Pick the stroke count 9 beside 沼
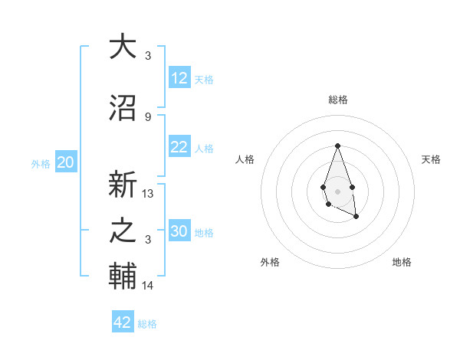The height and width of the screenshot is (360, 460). point(148,117)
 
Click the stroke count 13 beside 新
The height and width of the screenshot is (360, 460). point(149,194)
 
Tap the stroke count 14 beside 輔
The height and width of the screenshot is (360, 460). point(149,286)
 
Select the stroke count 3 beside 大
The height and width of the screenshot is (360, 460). point(148,56)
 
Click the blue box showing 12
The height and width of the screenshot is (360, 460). point(179,78)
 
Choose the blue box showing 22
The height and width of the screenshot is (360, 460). point(179,147)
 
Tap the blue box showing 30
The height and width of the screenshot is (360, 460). point(179,231)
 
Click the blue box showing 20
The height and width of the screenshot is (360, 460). point(66,162)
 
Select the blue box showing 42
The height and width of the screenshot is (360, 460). point(123,322)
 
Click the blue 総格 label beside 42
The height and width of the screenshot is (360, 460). point(147,324)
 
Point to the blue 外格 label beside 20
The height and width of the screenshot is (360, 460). point(41,163)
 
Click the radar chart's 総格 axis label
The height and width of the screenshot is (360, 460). point(337,100)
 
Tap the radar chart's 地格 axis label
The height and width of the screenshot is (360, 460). point(402,262)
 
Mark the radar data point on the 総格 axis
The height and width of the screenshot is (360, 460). point(337,146)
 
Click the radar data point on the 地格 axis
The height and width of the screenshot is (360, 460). point(356,217)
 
